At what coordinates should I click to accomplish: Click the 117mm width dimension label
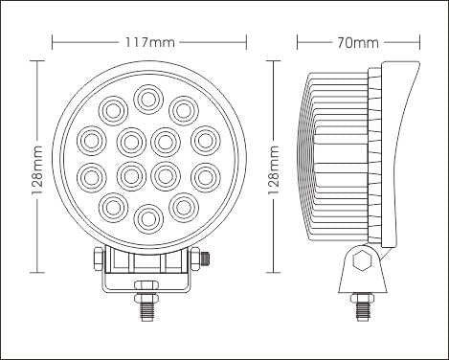click(149, 42)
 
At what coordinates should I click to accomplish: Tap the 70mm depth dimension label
click(358, 42)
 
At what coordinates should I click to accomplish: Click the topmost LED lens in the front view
click(148, 100)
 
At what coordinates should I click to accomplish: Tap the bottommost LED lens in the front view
click(148, 219)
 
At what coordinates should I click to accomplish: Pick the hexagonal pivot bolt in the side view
click(362, 260)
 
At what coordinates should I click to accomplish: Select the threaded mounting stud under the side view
click(362, 309)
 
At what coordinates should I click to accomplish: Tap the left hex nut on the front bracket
click(99, 259)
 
